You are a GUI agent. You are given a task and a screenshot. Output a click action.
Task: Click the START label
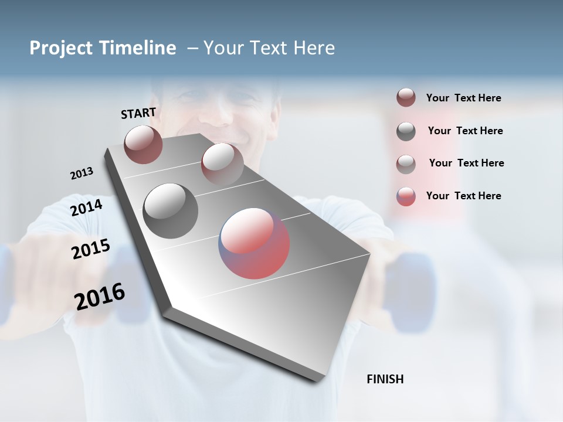[x=138, y=113]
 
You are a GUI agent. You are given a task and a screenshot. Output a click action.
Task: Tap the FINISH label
[x=385, y=379]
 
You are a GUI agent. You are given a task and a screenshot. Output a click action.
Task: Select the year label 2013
[x=82, y=173]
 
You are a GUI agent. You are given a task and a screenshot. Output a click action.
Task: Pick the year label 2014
[x=87, y=207]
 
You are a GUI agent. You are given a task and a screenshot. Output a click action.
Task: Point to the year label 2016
[x=100, y=297]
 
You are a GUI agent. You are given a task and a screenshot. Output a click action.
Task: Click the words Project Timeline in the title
[x=103, y=48]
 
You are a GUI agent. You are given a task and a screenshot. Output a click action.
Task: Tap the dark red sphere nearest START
[x=143, y=144]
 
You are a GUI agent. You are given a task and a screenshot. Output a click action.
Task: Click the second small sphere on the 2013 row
[x=222, y=164]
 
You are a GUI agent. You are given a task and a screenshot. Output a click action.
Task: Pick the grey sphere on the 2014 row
[x=171, y=210]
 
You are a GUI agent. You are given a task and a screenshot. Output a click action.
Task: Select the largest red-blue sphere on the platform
[x=254, y=243]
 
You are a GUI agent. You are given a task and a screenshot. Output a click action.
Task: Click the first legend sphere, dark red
[x=406, y=98]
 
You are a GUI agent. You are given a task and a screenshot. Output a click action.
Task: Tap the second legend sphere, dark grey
[x=406, y=131]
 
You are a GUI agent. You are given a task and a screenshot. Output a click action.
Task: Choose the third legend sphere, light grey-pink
[x=406, y=164]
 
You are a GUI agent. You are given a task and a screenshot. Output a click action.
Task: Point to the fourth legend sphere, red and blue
[x=406, y=196]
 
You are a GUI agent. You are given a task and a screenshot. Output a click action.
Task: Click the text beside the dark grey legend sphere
[x=465, y=131]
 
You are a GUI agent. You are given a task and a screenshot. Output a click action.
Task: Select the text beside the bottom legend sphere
[x=463, y=196]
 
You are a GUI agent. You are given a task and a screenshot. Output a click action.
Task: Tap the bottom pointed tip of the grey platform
[x=316, y=380]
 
